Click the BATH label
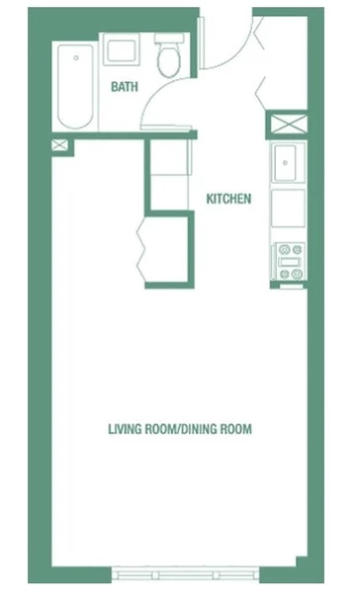point(124,87)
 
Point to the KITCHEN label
point(227,199)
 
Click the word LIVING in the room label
point(127,429)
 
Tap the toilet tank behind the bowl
point(169,40)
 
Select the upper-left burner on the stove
point(283,251)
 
